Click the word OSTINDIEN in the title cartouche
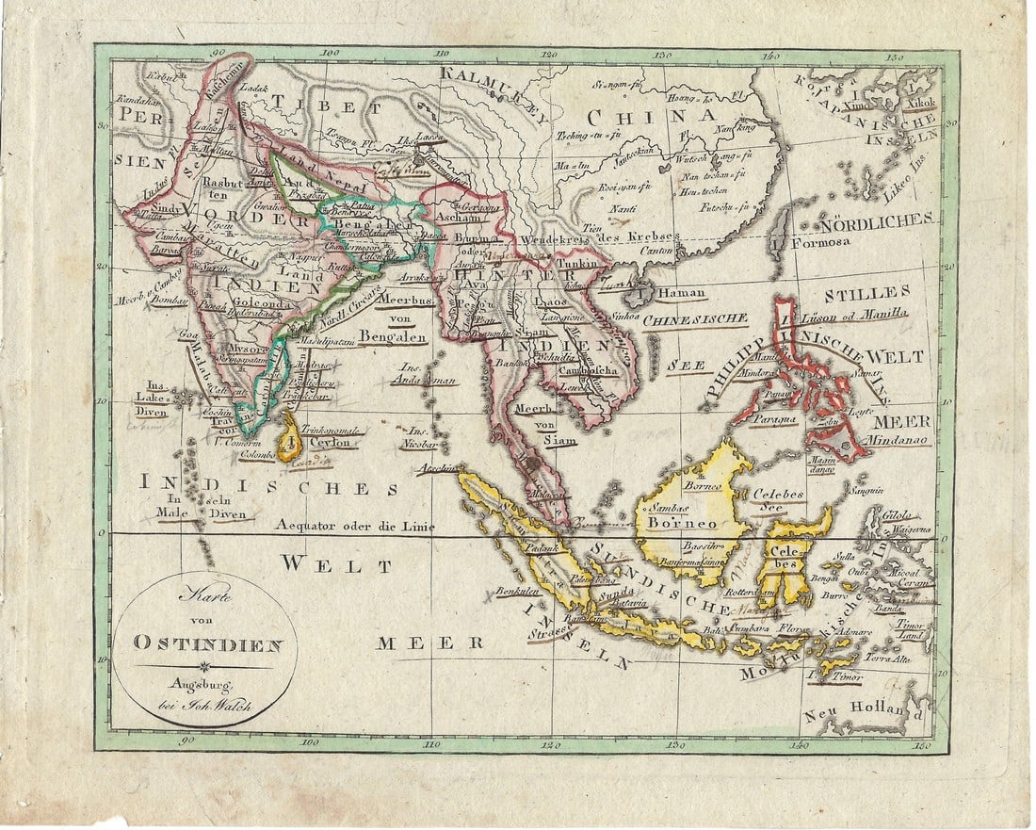pos(207,644)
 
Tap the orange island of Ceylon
pos(290,437)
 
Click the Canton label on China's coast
pos(656,252)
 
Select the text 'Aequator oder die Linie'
pos(355,527)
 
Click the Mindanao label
pos(900,439)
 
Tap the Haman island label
pos(680,293)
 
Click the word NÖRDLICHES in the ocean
pos(875,221)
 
